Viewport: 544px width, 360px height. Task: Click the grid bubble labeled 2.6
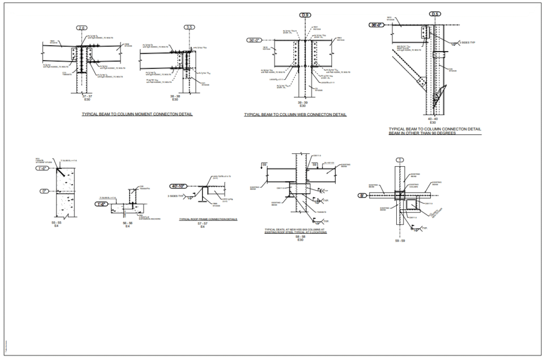pyautogui.click(x=81, y=28)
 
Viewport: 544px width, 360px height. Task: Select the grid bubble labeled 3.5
pyautogui.click(x=190, y=28)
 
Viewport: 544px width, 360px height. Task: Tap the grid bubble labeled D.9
pyautogui.click(x=305, y=15)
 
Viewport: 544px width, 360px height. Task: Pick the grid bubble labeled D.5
pyautogui.click(x=435, y=14)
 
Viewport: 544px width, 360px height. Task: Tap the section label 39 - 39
pyautogui.click(x=302, y=102)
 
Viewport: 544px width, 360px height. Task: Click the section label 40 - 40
pyautogui.click(x=432, y=119)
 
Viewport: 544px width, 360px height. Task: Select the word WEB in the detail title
pyautogui.click(x=304, y=114)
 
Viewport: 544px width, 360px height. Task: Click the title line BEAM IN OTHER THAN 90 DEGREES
pyautogui.click(x=422, y=133)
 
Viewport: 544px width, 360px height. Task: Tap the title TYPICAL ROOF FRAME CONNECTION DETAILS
pyautogui.click(x=208, y=219)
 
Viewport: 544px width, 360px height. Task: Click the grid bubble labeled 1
pyautogui.click(x=399, y=159)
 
